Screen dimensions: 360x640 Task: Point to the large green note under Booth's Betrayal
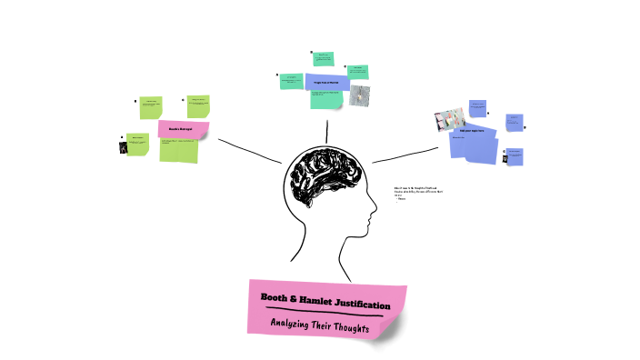click(178, 150)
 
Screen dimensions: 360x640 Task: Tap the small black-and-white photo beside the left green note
click(122, 145)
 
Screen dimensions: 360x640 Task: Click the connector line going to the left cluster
click(249, 151)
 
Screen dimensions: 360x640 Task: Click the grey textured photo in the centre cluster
click(360, 95)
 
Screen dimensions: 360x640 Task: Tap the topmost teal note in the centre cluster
click(323, 59)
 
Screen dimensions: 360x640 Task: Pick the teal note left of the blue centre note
click(292, 80)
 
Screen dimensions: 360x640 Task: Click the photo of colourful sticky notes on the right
click(449, 121)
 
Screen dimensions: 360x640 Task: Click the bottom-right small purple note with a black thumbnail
click(514, 155)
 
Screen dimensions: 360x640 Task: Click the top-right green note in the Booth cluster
click(198, 105)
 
